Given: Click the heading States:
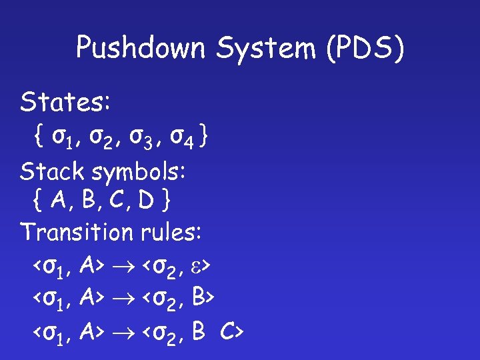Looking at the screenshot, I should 66,103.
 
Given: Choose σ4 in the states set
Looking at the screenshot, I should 182,138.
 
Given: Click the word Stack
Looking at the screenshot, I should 53,172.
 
